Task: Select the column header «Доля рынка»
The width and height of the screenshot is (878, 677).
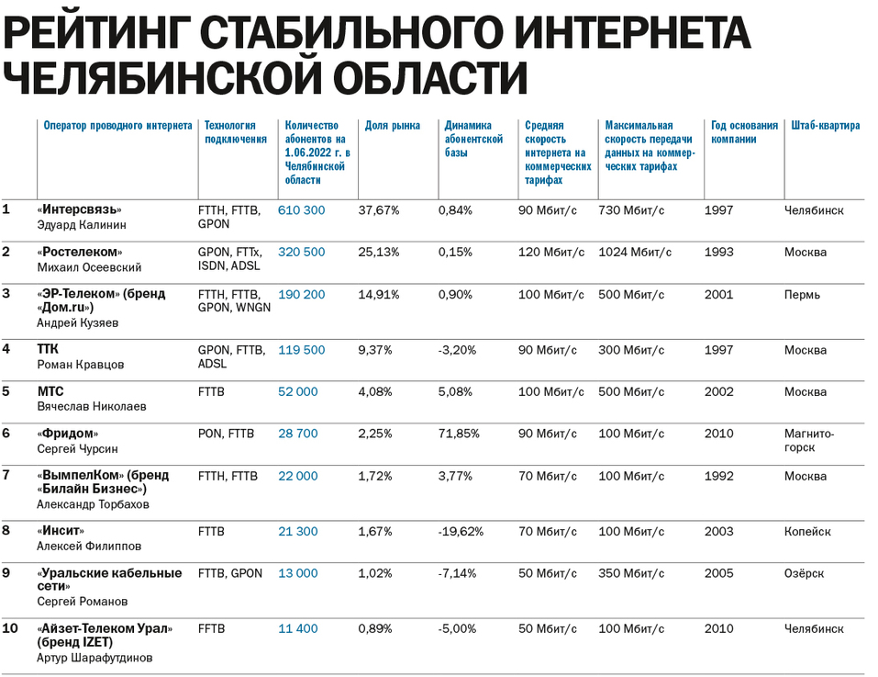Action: point(393,126)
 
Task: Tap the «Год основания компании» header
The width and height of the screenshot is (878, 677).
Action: point(744,132)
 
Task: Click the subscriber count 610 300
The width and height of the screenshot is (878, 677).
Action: point(302,210)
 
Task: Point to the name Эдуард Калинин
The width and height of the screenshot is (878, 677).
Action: point(82,225)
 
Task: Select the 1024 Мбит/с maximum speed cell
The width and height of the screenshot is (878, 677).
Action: point(635,253)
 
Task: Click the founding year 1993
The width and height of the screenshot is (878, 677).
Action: point(719,253)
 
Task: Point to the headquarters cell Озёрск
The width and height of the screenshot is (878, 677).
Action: point(804,573)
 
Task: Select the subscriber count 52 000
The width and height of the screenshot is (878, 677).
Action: point(298,391)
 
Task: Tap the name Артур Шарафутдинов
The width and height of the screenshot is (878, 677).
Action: point(96,658)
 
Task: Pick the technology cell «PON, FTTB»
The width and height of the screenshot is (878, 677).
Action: point(226,434)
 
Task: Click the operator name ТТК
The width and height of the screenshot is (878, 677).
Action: point(48,350)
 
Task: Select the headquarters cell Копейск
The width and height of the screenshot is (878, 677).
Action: point(807,531)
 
